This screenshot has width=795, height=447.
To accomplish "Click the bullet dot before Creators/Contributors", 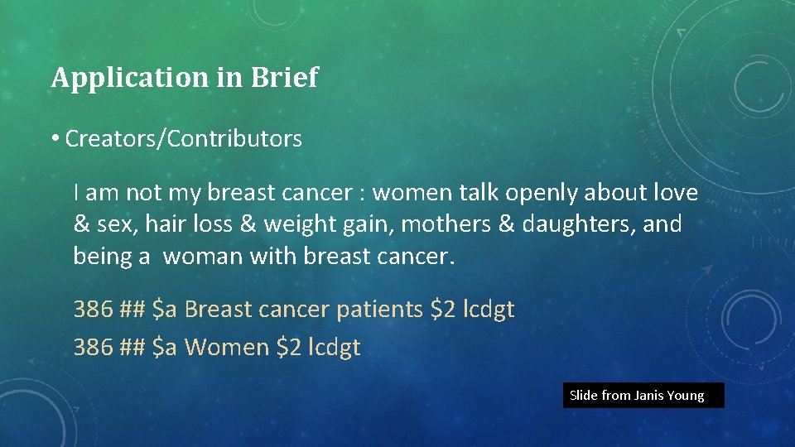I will [55, 139].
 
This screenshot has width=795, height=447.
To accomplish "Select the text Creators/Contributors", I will [183, 139].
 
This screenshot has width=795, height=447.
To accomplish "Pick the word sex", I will [113, 225].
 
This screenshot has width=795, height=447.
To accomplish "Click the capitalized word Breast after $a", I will [218, 310].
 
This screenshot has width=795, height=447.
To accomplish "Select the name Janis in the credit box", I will [651, 396].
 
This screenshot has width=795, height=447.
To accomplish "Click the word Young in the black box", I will [687, 396].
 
